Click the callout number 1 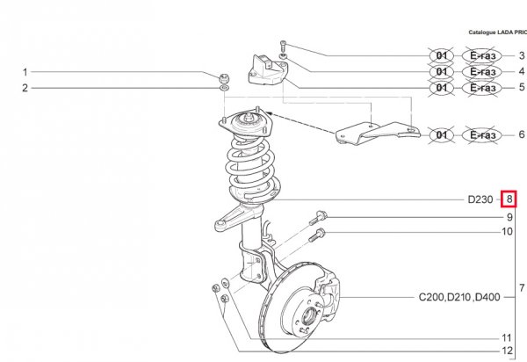coord(25,72)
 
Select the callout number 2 coord(25,87)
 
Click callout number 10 coord(507,232)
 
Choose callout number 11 coord(507,338)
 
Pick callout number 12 coord(507,352)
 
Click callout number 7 coord(522,287)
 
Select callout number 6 coord(521,134)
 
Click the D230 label coord(480,199)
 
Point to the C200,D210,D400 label coord(459,297)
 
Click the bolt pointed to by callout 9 coord(320,216)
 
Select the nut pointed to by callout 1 coord(225,75)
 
